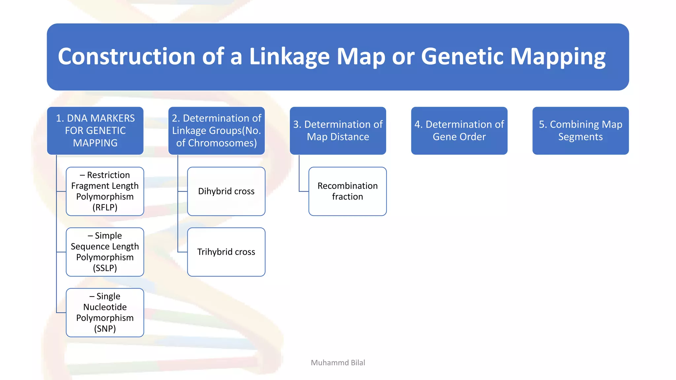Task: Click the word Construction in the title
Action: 126,56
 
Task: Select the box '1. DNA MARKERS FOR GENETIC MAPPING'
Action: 95,131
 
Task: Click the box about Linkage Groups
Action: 217,131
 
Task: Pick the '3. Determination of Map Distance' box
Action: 338,131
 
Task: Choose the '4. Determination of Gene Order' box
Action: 459,131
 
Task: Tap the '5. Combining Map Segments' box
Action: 580,131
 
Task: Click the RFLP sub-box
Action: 105,191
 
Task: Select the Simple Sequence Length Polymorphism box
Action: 105,252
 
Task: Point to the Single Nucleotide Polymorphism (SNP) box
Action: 105,313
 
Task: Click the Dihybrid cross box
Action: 226,191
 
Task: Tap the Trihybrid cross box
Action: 226,252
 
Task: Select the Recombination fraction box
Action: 347,191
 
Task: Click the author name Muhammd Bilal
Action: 338,363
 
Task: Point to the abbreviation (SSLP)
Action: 105,268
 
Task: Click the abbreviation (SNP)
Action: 105,329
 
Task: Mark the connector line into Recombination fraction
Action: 304,191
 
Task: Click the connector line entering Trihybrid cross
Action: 182,252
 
